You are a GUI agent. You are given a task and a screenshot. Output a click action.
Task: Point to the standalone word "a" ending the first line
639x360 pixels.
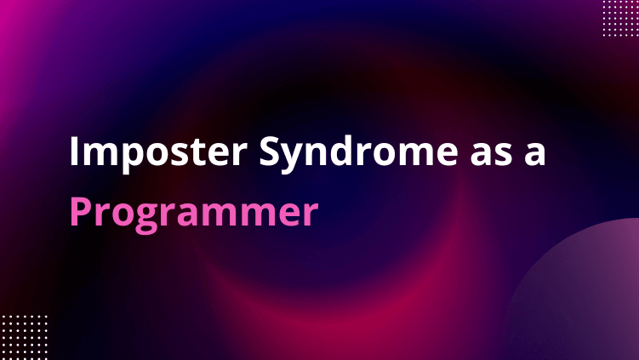[534, 155]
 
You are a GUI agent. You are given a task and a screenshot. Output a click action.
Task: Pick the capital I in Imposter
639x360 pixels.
[74, 151]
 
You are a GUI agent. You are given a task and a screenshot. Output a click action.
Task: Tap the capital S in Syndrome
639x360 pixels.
[271, 151]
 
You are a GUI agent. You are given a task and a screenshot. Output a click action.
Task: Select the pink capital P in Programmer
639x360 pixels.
[81, 211]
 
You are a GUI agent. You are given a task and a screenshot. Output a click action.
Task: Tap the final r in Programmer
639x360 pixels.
[311, 214]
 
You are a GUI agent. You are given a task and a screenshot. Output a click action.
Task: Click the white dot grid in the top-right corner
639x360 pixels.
[620, 18]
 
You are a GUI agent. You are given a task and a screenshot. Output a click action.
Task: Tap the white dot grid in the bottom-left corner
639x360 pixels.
[24, 337]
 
